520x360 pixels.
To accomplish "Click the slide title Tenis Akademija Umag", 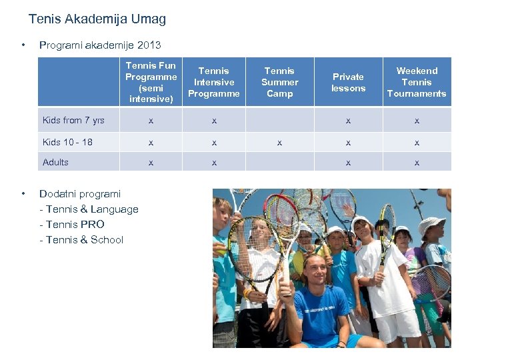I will (x=97, y=19).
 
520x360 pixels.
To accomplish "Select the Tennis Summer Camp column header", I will (x=279, y=82).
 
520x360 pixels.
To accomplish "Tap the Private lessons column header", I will (x=348, y=82).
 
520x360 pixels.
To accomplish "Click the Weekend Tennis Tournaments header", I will (x=417, y=82).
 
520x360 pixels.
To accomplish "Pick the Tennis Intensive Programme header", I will (x=213, y=82).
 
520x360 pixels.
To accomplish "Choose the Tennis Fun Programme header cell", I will (x=151, y=82).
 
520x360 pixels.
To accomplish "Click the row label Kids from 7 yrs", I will (x=73, y=121).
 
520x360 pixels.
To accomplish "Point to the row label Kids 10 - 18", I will (x=67, y=142).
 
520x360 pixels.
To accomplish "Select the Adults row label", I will (x=56, y=162).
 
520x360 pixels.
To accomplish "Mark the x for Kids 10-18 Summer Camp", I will (x=279, y=143).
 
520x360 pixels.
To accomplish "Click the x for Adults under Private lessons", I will (x=348, y=163).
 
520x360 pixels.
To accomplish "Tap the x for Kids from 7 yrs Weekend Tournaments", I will (x=417, y=121).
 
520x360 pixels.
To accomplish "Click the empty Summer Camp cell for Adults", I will (x=279, y=162).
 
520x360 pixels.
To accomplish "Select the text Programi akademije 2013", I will (x=100, y=45).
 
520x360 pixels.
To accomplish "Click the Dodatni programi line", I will (x=80, y=194).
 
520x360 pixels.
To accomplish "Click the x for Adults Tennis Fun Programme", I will (x=151, y=163).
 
